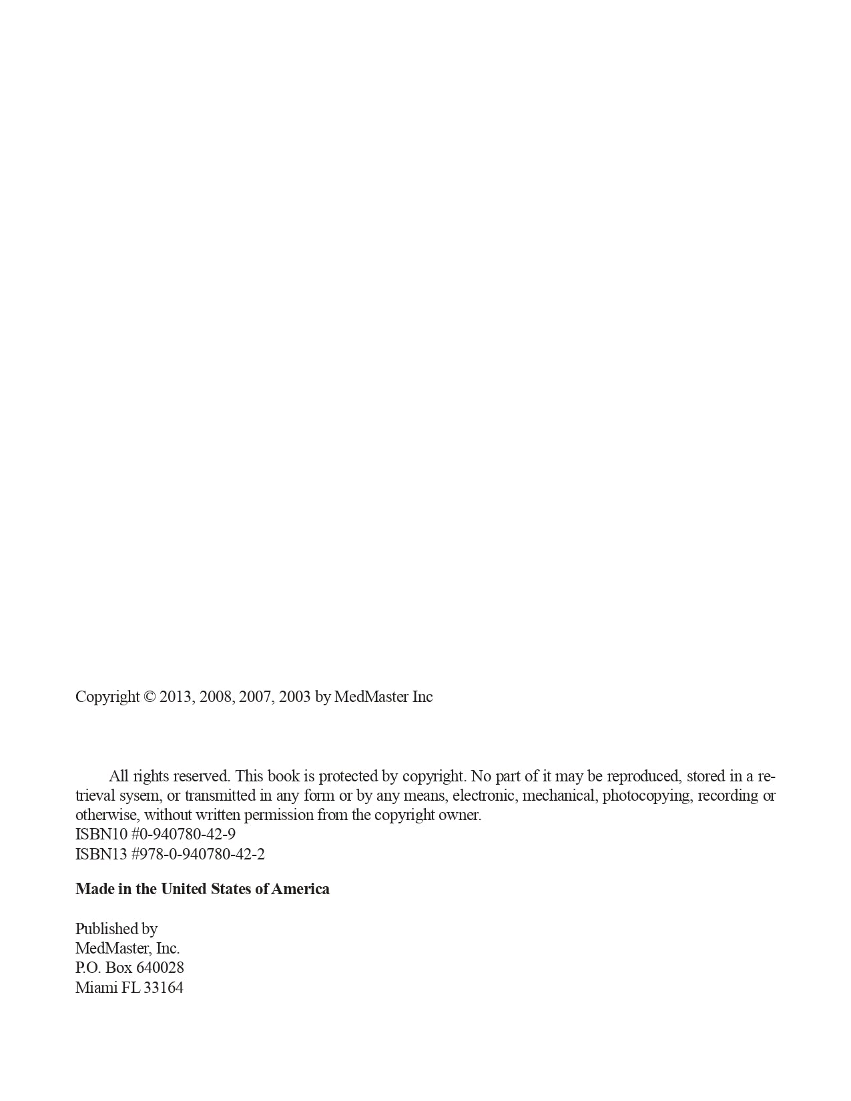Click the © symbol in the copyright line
(150, 697)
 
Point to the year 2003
(294, 697)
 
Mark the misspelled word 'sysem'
(139, 795)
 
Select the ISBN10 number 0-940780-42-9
(188, 834)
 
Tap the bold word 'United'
(184, 889)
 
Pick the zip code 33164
(164, 988)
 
